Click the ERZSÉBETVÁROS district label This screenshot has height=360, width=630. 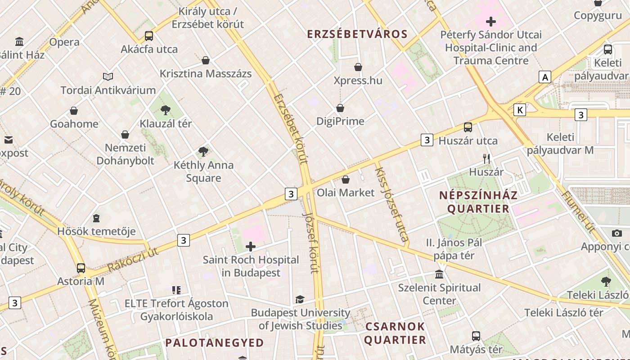pyautogui.click(x=357, y=34)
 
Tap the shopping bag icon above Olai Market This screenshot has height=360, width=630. pyautogui.click(x=345, y=180)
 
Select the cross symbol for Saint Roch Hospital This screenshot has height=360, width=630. pyautogui.click(x=251, y=247)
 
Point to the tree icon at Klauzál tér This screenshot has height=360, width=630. pyautogui.click(x=166, y=110)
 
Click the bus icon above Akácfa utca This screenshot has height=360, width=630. pyautogui.click(x=148, y=36)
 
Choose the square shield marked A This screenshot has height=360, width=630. pyautogui.click(x=545, y=77)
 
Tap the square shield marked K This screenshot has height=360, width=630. pyautogui.click(x=520, y=110)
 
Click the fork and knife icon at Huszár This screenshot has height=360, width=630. pyautogui.click(x=486, y=158)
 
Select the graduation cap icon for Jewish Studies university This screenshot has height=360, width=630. pyautogui.click(x=300, y=299)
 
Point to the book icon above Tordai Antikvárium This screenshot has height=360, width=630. pyautogui.click(x=108, y=76)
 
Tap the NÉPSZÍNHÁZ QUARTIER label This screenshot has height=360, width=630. pyautogui.click(x=478, y=202)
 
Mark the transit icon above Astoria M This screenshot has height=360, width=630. pyautogui.click(x=81, y=268)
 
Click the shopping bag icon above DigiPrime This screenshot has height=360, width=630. pyautogui.click(x=340, y=108)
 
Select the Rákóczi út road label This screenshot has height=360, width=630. pyautogui.click(x=133, y=261)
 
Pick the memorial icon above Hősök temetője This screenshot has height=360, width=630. pyautogui.click(x=96, y=218)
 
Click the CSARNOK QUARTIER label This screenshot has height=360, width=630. pyautogui.click(x=395, y=333)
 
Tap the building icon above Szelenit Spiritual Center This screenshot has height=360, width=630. pyautogui.click(x=439, y=274)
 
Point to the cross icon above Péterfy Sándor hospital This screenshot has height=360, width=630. pyautogui.click(x=490, y=21)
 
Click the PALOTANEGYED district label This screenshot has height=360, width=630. pyautogui.click(x=214, y=343)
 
